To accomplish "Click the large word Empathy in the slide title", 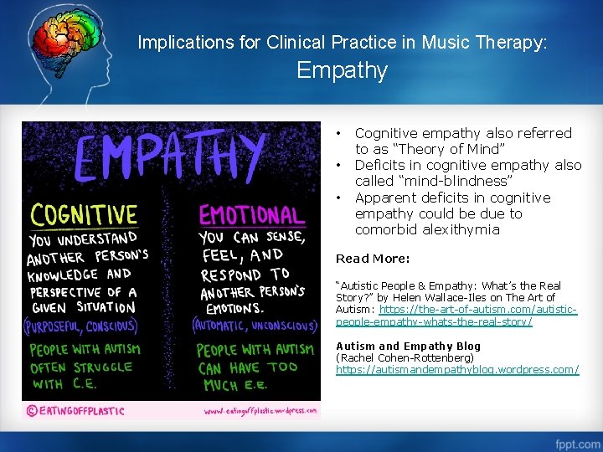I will coord(342,70).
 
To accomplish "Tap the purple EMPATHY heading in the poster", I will coord(172,159).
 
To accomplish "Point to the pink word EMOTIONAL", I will coord(252,216).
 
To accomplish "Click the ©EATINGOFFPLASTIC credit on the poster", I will coord(76,411).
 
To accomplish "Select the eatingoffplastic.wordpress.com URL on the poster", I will coord(260,411).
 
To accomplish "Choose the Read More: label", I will coord(373,259).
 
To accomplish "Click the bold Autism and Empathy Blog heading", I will coord(408,346).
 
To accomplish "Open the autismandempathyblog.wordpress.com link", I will coord(456,369).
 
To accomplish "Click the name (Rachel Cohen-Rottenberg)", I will coord(405,357).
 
